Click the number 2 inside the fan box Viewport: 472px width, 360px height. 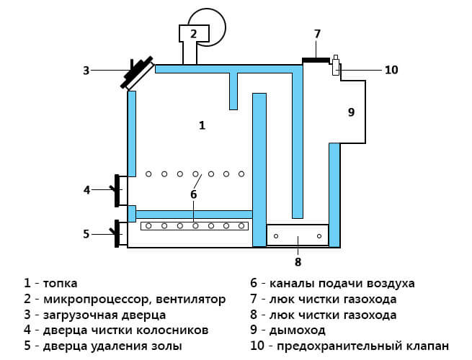193,33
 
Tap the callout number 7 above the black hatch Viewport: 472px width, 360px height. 317,34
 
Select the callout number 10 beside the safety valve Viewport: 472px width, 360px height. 391,70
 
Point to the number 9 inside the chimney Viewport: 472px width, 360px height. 351,112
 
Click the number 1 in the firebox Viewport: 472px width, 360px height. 202,125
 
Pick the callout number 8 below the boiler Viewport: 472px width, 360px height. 298,262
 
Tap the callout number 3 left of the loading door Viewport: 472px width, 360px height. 86,71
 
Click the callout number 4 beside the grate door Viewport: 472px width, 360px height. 86,190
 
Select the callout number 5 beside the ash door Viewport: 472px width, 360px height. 86,234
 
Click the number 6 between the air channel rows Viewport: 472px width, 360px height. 193,194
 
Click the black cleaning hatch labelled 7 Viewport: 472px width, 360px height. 316,60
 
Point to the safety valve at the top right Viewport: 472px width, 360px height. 336,65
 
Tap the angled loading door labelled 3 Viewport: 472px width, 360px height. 138,73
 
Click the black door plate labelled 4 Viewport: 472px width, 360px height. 117,191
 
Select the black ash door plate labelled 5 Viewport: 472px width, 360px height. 117,234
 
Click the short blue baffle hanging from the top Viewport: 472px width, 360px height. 233,91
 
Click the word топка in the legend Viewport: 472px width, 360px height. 61,283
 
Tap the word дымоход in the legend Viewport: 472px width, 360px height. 297,330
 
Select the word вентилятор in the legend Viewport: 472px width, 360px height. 191,300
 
